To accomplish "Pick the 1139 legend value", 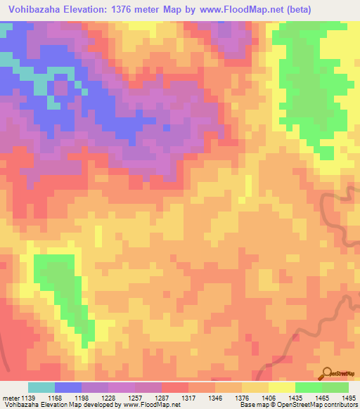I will point(28,398).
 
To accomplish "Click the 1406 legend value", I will point(269,398).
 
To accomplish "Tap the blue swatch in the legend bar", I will point(68,387).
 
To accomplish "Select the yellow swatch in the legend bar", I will point(282,387).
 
